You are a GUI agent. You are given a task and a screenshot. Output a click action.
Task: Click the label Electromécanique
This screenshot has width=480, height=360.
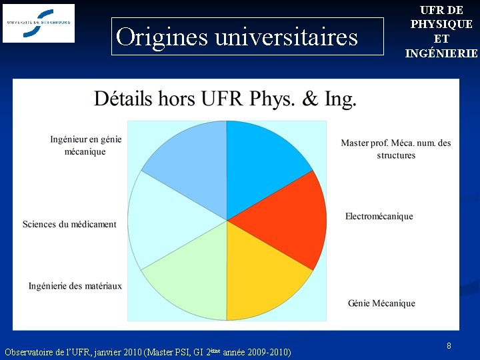(x=379, y=216)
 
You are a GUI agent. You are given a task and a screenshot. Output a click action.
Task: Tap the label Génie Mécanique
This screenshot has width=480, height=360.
(x=381, y=303)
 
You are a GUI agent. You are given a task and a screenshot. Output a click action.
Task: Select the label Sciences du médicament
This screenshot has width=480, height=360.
(x=69, y=225)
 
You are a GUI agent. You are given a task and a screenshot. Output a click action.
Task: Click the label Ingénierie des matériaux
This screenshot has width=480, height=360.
(x=75, y=286)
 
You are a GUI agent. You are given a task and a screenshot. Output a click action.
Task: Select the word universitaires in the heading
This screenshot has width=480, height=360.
(x=286, y=37)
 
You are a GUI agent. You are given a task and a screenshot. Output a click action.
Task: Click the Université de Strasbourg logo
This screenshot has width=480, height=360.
(x=39, y=22)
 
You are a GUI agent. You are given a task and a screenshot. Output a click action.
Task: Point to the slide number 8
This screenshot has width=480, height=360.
(x=449, y=345)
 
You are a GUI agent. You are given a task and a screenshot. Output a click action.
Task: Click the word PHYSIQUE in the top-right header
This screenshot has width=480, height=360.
(x=441, y=24)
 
